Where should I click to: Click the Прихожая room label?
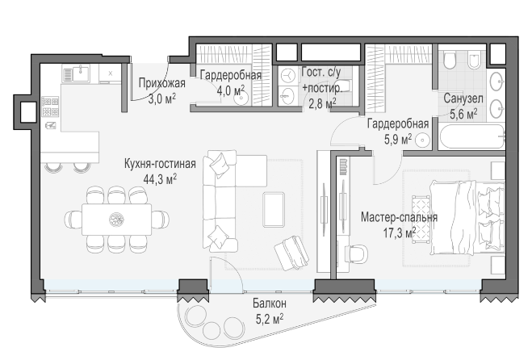tap(162, 83)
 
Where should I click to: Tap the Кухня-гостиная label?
tap(160, 164)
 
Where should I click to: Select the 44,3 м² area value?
tap(160, 179)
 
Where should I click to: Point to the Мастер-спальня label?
tap(399, 217)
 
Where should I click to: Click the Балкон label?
tap(270, 303)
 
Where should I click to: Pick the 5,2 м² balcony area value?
tap(270, 319)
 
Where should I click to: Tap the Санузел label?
tap(463, 98)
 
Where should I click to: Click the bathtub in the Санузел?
tap(471, 136)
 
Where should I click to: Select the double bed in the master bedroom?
tap(467, 217)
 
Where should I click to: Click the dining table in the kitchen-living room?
tap(116, 220)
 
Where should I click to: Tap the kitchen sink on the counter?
tap(81, 73)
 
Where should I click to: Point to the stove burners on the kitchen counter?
tap(50, 107)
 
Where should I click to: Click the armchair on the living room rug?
tap(291, 253)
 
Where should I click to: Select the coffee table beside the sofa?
tap(274, 209)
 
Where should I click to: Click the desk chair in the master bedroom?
tap(357, 253)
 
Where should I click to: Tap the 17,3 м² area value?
tap(400, 232)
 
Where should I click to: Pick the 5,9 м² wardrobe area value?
tap(398, 139)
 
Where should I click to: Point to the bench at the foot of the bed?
tap(421, 219)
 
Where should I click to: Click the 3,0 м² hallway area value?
tap(162, 98)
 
